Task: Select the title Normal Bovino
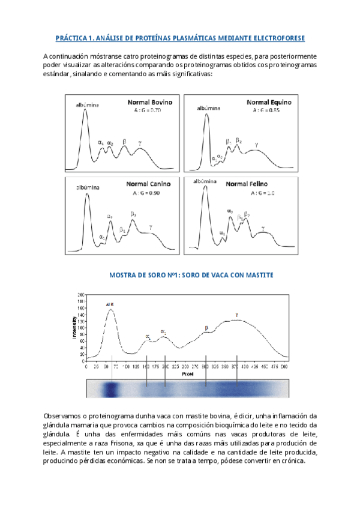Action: (x=150, y=102)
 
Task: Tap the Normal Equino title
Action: (x=267, y=102)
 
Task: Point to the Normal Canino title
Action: (x=148, y=184)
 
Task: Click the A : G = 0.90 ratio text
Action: (x=148, y=193)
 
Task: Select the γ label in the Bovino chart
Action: (x=140, y=143)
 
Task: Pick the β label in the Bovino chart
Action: (x=124, y=141)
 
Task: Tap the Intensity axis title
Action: (x=75, y=328)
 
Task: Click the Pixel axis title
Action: (x=188, y=373)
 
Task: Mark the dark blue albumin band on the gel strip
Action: (x=110, y=389)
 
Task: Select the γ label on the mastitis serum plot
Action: (x=237, y=314)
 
